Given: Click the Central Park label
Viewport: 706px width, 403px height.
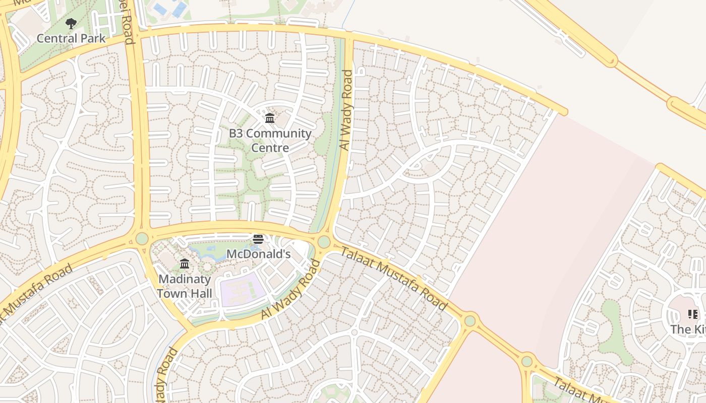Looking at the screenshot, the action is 71,38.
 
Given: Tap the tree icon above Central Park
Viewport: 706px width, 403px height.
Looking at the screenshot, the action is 71,23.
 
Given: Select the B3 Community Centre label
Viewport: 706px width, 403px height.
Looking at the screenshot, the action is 270,141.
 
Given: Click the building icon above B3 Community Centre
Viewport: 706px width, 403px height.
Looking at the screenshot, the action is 270,118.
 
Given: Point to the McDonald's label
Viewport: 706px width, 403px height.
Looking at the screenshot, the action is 258,254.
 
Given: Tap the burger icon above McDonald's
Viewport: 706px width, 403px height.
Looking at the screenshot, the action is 258,239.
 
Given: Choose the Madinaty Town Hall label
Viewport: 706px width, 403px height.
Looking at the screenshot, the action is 185,286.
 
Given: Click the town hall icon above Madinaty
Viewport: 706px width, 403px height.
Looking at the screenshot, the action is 185,264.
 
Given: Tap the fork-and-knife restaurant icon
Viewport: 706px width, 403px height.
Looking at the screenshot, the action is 693,315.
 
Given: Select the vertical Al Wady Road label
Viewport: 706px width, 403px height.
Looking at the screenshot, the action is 346,110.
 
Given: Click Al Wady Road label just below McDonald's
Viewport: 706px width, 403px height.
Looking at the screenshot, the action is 291,289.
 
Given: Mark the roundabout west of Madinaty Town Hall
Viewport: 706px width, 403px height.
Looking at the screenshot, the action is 142,238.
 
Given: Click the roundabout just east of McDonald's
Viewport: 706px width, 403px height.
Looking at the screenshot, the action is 324,242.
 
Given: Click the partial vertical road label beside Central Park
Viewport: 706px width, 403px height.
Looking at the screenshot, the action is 131,23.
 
